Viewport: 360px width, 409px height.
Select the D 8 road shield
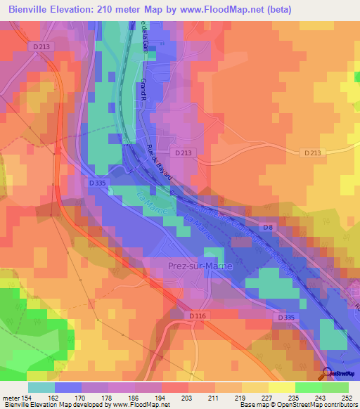pyautogui.click(x=267, y=227)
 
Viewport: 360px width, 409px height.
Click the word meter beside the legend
pyautogui.click(x=10, y=399)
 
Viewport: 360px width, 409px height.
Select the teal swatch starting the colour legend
pyautogui.click(x=41, y=387)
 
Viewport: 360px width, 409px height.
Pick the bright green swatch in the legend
pyautogui.click(x=309, y=387)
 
